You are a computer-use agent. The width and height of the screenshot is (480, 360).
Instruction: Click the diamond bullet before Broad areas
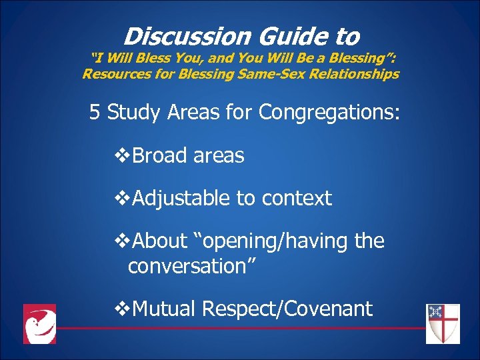[x=122, y=156]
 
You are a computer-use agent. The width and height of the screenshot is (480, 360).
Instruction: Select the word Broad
[x=160, y=155]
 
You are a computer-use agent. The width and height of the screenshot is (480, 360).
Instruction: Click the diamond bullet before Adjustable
[x=122, y=199]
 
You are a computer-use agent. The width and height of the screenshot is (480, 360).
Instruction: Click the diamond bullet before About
[x=122, y=241]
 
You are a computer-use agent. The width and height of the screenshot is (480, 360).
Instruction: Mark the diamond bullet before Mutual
[x=122, y=309]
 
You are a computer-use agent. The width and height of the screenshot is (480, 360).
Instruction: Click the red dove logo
[x=39, y=324]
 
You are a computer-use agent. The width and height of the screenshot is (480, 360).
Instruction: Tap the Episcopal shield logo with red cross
[x=443, y=323]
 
